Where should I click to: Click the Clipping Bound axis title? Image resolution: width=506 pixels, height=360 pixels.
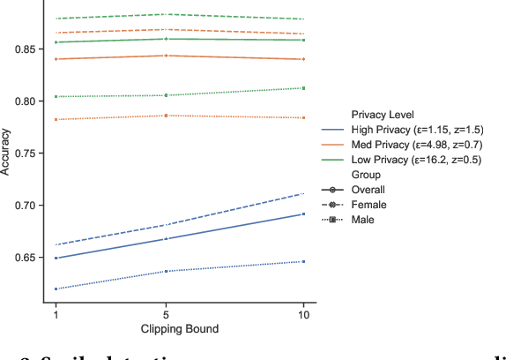point(180,330)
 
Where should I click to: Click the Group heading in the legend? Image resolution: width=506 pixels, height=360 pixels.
point(366,175)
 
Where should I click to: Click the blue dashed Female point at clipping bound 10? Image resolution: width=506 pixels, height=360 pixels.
point(303,193)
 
